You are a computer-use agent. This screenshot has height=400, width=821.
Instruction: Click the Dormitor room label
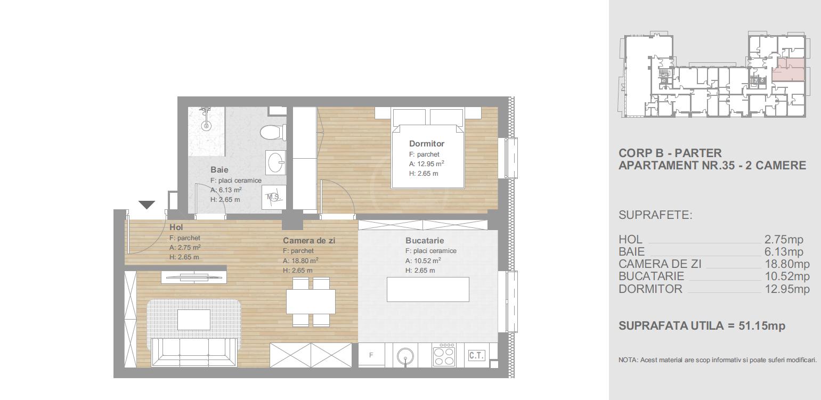tap(427, 144)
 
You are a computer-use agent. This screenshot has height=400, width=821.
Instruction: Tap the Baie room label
tap(219, 169)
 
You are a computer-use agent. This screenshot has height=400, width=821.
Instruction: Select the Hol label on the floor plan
tap(176, 227)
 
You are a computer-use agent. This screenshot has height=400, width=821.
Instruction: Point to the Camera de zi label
tap(309, 241)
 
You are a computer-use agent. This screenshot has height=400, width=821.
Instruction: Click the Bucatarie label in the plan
tap(425, 241)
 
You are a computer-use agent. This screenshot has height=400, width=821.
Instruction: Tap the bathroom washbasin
tap(275, 161)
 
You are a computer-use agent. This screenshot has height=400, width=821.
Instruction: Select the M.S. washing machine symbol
tap(274, 197)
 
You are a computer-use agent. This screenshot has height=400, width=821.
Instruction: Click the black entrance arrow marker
tap(147, 205)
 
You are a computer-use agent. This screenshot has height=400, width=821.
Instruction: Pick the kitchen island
tap(428, 289)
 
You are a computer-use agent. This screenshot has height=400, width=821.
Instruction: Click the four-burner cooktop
tap(444, 355)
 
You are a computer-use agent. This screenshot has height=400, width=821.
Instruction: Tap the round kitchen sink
tap(405, 355)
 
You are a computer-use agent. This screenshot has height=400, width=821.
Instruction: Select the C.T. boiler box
tap(476, 355)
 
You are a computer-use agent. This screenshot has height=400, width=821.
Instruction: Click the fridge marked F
tap(371, 355)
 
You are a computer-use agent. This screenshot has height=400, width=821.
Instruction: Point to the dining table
tap(311, 301)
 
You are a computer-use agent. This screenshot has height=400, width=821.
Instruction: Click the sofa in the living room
tap(194, 352)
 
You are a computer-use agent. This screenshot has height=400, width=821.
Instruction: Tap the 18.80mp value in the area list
tap(787, 264)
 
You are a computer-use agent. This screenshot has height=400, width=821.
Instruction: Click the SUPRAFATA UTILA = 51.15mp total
tap(702, 325)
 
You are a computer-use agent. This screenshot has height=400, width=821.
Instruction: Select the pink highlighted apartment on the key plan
tap(789, 70)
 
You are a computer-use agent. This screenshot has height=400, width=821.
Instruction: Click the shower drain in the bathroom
tap(206, 126)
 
